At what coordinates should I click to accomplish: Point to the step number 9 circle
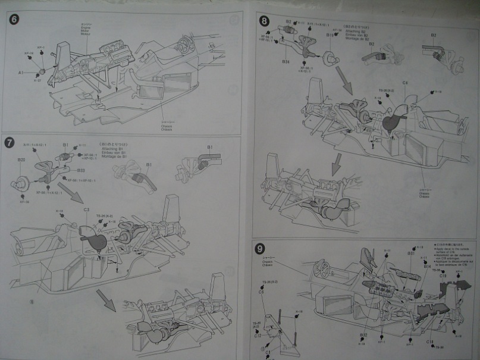(259, 249)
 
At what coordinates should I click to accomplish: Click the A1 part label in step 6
(20, 72)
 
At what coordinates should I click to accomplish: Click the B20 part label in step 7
(21, 160)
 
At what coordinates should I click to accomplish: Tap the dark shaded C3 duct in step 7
(94, 240)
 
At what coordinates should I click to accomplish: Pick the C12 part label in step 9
(258, 336)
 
